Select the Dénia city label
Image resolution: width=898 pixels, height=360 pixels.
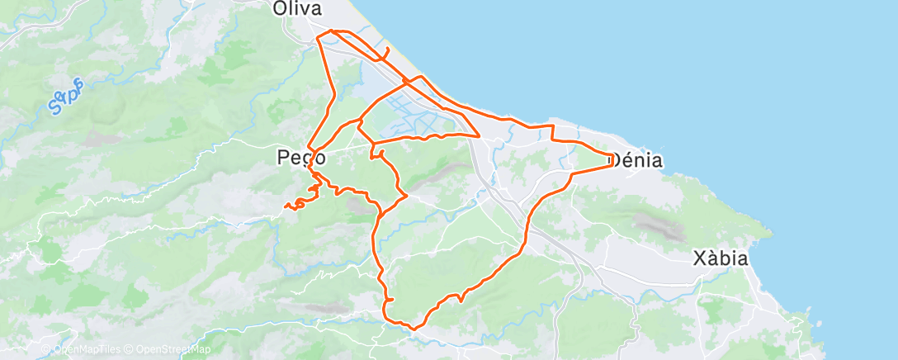636,160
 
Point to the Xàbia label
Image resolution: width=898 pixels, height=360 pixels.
721,258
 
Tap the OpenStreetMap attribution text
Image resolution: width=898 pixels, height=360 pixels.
162,349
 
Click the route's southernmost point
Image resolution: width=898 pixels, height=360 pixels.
413,328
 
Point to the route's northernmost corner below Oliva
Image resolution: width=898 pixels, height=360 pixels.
332,31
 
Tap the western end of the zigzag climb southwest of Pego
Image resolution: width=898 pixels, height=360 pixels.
286,206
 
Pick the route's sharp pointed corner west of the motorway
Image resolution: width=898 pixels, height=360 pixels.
480,135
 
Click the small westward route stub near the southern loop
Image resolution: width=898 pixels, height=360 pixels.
387,299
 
